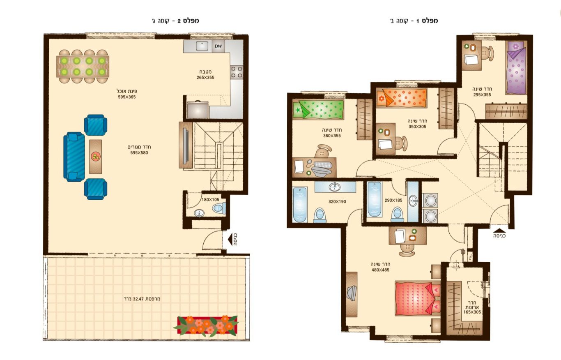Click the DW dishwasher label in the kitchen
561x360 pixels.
tap(218, 46)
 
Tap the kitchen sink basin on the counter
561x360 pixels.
tap(202, 46)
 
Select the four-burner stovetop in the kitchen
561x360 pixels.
tap(237, 72)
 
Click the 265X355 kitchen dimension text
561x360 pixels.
tap(205, 77)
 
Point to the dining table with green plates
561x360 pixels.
tap(83, 67)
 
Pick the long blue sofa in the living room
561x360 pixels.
tap(74, 157)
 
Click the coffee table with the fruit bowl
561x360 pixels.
tap(95, 157)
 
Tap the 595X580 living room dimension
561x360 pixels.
tap(139, 153)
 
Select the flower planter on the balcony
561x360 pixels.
tap(206, 325)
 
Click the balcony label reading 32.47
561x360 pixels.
tap(142, 299)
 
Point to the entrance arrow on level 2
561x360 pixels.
tap(230, 240)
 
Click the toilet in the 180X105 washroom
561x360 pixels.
tap(219, 208)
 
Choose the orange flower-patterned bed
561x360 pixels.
tap(402, 98)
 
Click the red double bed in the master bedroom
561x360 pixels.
tap(418, 298)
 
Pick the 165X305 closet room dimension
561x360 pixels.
tap(472, 312)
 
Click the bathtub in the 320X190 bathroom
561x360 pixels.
tap(300, 205)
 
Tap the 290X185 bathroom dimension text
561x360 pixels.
tap(393, 200)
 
